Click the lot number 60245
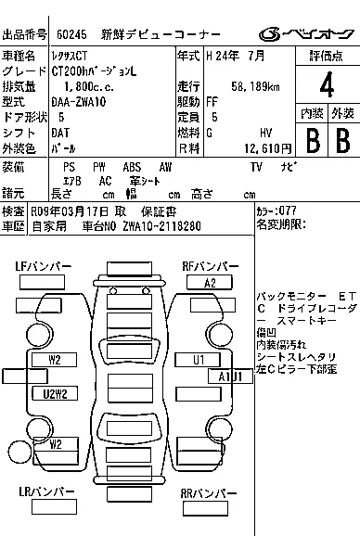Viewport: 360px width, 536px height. (71, 34)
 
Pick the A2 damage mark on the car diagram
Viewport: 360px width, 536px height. (210, 283)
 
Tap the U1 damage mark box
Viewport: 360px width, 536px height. (199, 359)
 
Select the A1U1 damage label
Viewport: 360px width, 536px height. (229, 376)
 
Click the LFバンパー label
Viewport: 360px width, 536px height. (44, 267)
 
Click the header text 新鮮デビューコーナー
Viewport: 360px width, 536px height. (161, 34)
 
